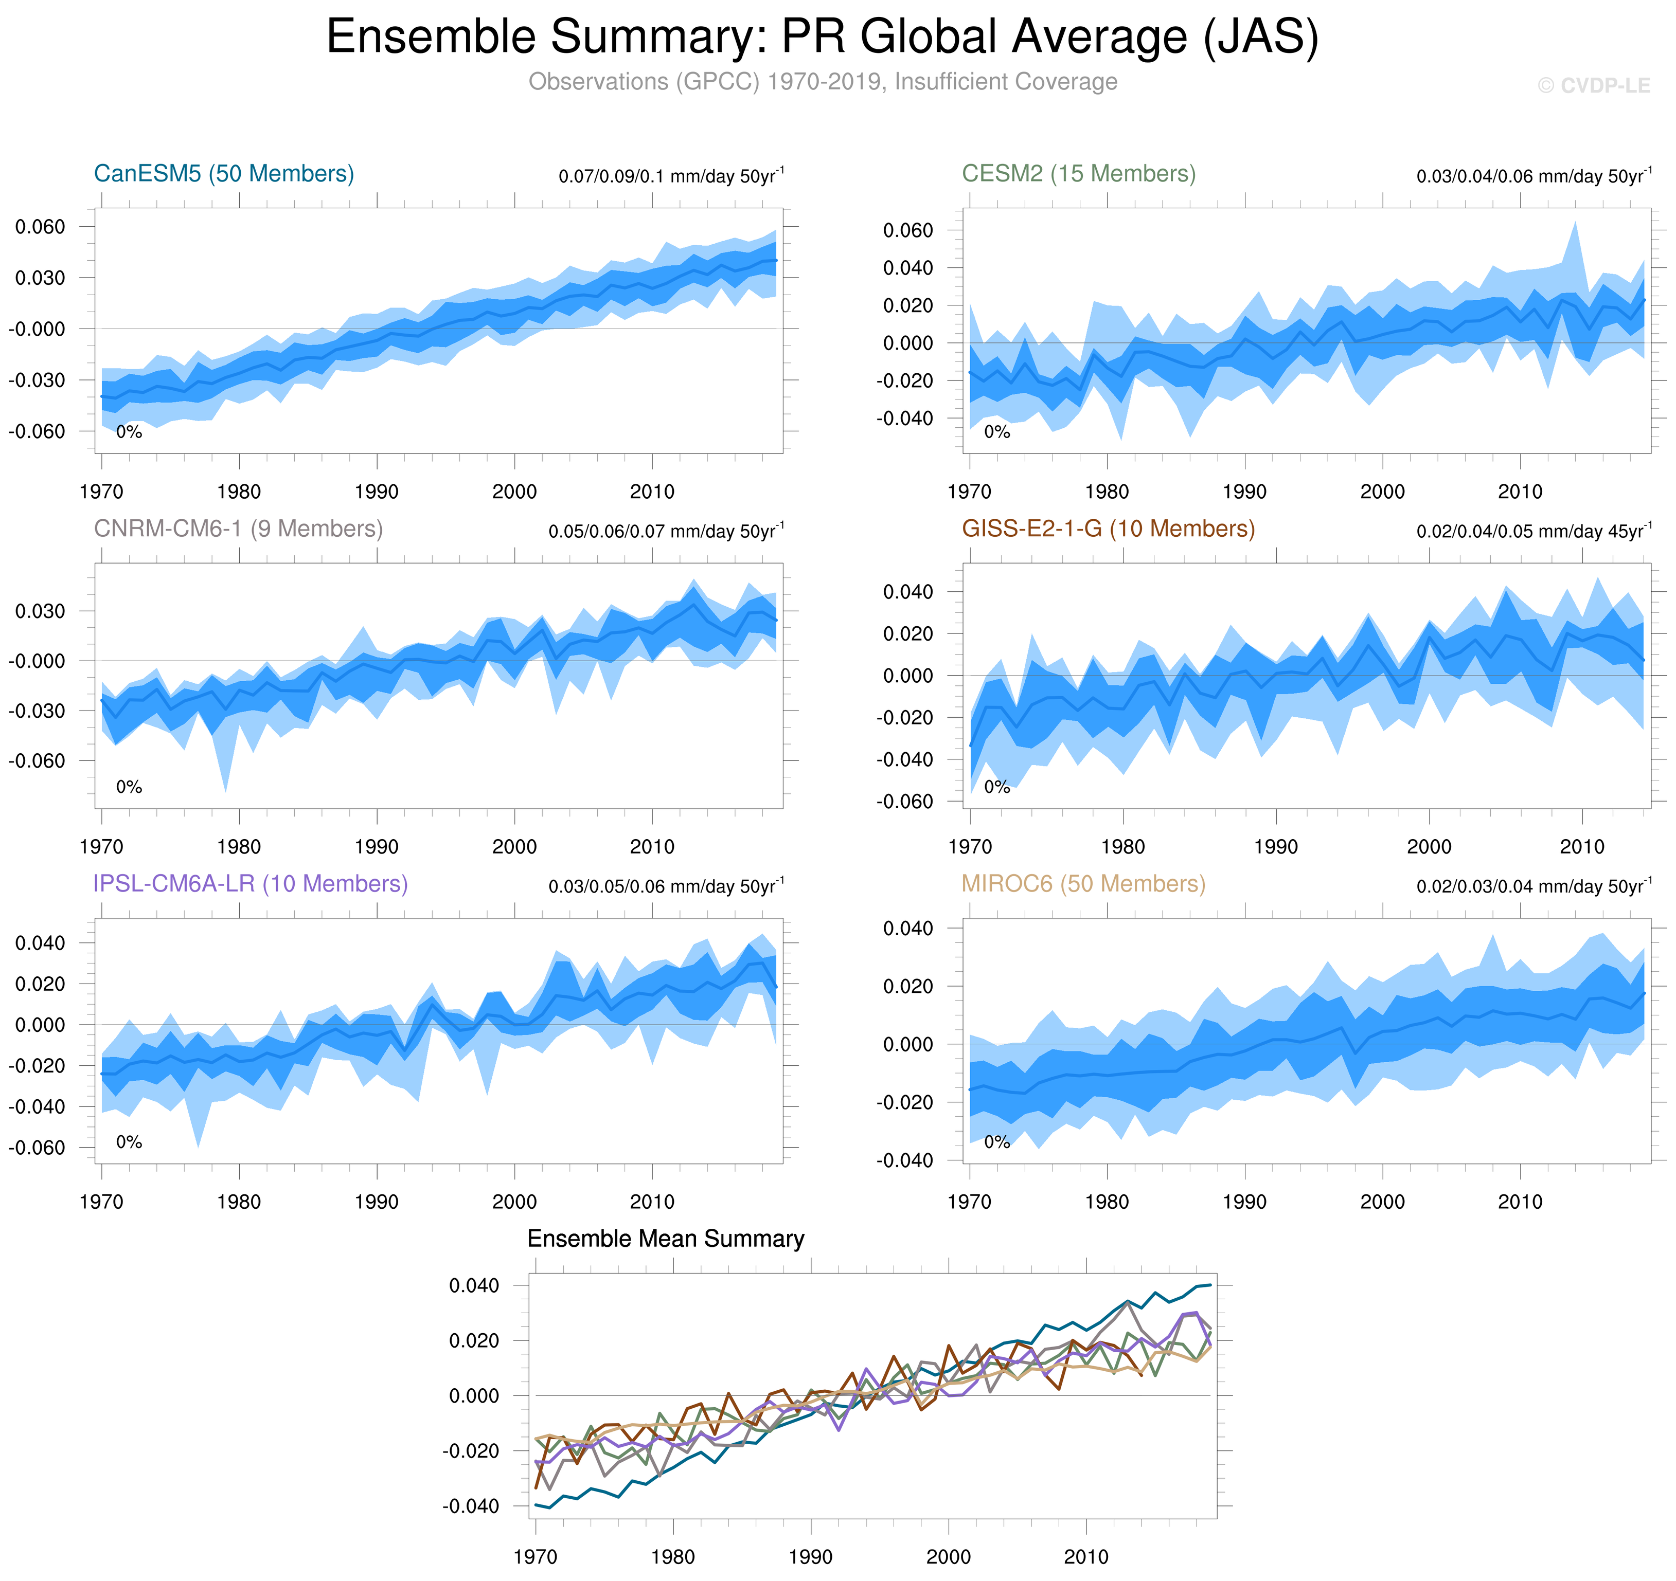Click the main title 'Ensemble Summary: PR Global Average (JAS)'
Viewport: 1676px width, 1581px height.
pyautogui.click(x=822, y=38)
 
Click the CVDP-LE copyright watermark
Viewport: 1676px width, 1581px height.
pyautogui.click(x=1593, y=86)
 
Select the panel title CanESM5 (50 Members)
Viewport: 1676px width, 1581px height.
pyautogui.click(x=223, y=174)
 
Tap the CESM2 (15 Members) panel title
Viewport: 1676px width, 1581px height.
pyautogui.click(x=1078, y=174)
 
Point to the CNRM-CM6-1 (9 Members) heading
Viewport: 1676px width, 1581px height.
pyautogui.click(x=238, y=529)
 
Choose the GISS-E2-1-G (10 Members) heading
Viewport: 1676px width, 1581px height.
pyautogui.click(x=1108, y=529)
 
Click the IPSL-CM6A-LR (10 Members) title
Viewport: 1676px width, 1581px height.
pyautogui.click(x=251, y=883)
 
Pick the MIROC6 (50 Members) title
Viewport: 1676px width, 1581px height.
pyautogui.click(x=1083, y=883)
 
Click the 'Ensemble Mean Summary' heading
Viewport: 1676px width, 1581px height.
pyautogui.click(x=665, y=1239)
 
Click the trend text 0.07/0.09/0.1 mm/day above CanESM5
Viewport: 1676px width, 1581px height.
pyautogui.click(x=670, y=177)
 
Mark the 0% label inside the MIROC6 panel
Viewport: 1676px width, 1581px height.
pyautogui.click(x=996, y=1142)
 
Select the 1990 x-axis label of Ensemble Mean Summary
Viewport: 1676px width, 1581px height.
pyautogui.click(x=810, y=1556)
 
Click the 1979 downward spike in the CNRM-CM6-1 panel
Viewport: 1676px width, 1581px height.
pyautogui.click(x=225, y=791)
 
